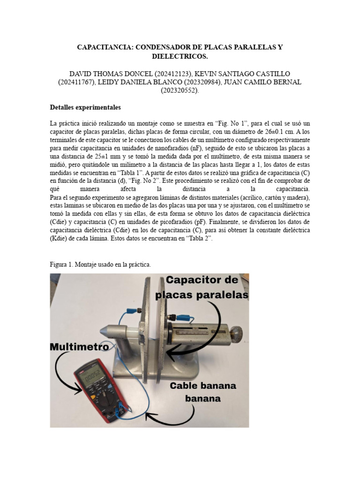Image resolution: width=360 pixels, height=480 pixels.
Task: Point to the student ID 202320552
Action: (x=180, y=91)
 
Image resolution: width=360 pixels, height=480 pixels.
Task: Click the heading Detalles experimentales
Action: (x=85, y=107)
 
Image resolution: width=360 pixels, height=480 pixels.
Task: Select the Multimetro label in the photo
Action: (x=80, y=347)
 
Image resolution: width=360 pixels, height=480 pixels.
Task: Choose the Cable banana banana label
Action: (x=203, y=392)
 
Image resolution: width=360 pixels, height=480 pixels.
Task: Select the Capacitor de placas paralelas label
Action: (x=202, y=287)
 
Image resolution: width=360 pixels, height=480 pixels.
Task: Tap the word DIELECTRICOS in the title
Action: (x=180, y=56)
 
